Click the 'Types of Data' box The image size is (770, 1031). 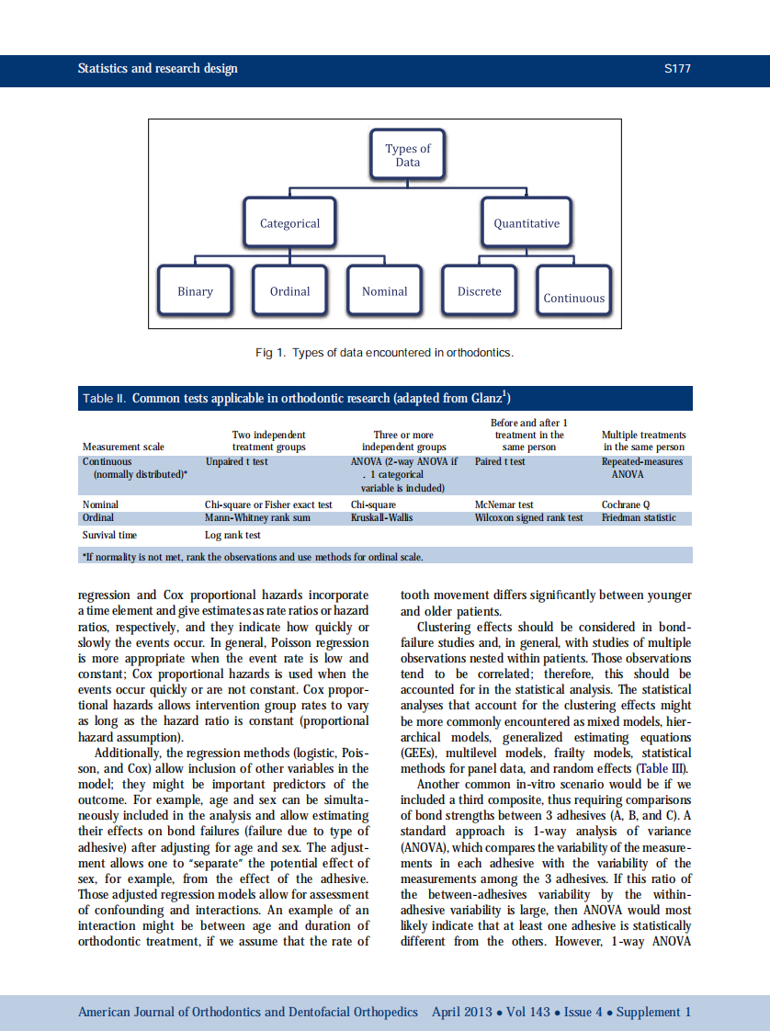coord(407,155)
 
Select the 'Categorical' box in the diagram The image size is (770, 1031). coord(289,223)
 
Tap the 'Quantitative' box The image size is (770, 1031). coord(526,223)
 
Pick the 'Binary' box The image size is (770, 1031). coord(195,291)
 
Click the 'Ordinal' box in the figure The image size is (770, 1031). coord(289,291)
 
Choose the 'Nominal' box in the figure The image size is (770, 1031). coord(384,291)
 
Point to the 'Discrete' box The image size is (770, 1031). coord(480,291)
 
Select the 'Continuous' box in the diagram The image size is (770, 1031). coord(573,298)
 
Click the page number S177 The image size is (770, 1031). coord(677,69)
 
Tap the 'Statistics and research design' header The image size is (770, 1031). coord(157,69)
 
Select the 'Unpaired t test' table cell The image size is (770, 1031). coord(236,461)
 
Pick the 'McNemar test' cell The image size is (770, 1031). coord(504,504)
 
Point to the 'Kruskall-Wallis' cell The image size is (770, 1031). coord(381,517)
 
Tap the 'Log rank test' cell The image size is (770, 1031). coord(232,535)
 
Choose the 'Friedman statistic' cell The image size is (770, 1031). coord(639,517)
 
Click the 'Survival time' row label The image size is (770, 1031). coord(109,535)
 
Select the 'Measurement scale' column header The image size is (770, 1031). coord(123,447)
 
